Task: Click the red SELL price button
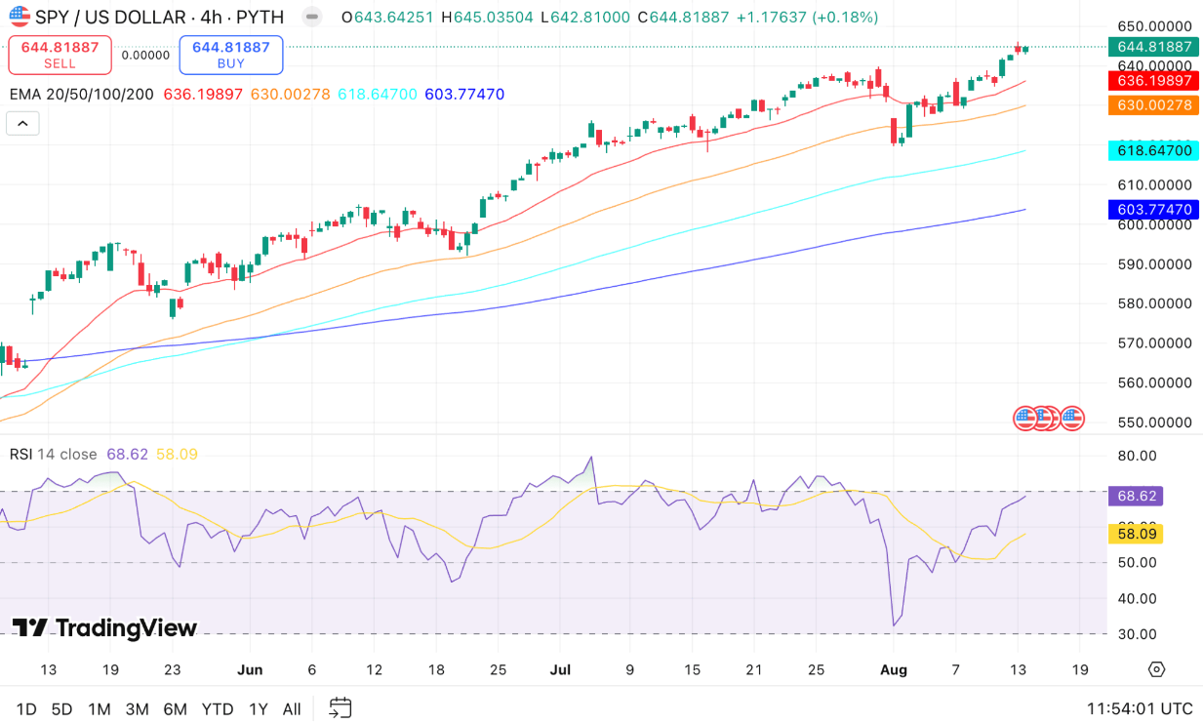(x=60, y=55)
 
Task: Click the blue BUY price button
(x=231, y=55)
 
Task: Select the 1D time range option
(x=26, y=709)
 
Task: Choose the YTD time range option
(x=217, y=709)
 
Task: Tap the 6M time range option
(x=176, y=709)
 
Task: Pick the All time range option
(x=291, y=709)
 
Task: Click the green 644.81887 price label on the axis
(x=1154, y=47)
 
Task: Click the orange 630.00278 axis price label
(x=1154, y=104)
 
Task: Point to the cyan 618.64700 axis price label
(x=1154, y=150)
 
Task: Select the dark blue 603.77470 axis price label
(x=1154, y=209)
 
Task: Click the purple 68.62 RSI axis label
(x=1136, y=496)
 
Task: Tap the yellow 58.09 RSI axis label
(x=1136, y=534)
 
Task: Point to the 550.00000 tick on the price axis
(x=1154, y=422)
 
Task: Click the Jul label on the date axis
(x=560, y=669)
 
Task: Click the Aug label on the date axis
(x=894, y=669)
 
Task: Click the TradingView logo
(x=104, y=628)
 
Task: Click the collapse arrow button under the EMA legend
(x=22, y=123)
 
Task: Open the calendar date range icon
(x=340, y=708)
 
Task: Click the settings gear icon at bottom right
(x=1156, y=669)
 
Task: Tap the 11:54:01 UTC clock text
(x=1140, y=709)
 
